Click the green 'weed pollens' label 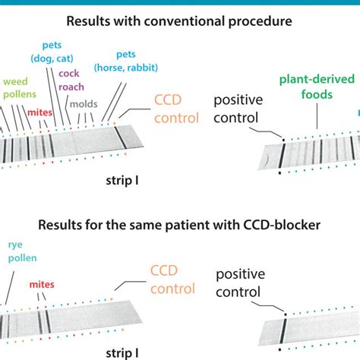pos(19,87)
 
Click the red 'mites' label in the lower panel pos(42,286)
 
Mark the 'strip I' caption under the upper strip pos(121,183)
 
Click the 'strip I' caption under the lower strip pos(121,353)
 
